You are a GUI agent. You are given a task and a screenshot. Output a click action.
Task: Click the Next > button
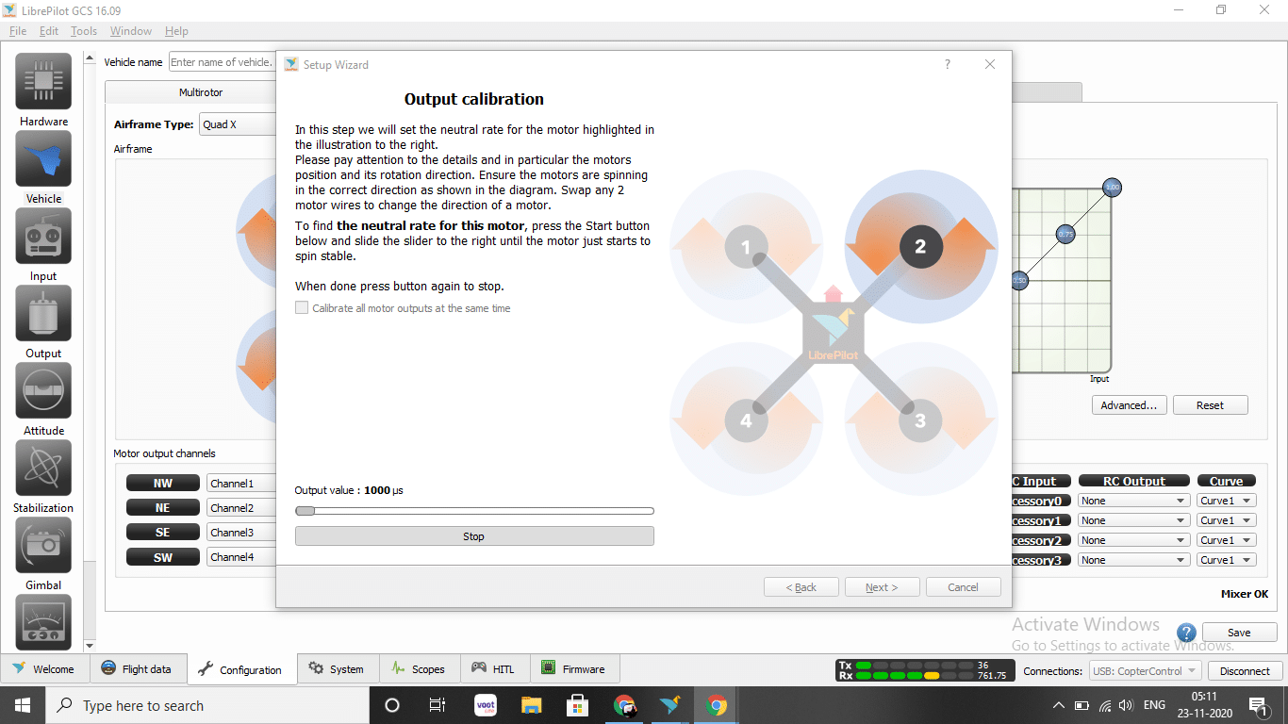(882, 587)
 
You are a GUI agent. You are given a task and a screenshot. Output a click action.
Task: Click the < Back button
(801, 587)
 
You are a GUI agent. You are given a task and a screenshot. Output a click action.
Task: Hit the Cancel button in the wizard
(963, 587)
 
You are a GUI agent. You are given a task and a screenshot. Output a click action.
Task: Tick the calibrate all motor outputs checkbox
(302, 307)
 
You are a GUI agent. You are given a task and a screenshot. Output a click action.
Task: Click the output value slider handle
(305, 511)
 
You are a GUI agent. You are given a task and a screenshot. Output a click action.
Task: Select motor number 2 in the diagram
(920, 247)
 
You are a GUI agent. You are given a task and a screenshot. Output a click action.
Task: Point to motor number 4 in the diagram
(746, 421)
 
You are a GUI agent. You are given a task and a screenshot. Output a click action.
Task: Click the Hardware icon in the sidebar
(43, 81)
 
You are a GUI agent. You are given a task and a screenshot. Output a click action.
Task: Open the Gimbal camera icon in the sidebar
(43, 545)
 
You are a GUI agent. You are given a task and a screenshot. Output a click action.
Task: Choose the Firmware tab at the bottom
(573, 668)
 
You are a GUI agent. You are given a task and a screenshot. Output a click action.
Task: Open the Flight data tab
(137, 668)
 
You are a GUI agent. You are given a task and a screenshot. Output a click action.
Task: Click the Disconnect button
(1245, 671)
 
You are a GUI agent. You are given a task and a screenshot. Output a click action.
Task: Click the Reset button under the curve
(1211, 405)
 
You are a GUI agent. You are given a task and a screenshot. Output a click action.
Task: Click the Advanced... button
(1129, 405)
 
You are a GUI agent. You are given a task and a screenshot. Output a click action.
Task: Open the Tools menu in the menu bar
(83, 31)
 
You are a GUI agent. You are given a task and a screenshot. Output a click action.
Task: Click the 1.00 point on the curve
(1112, 188)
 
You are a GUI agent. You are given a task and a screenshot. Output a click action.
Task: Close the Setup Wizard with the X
(990, 64)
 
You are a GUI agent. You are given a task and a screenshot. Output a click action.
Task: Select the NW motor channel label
(163, 483)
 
